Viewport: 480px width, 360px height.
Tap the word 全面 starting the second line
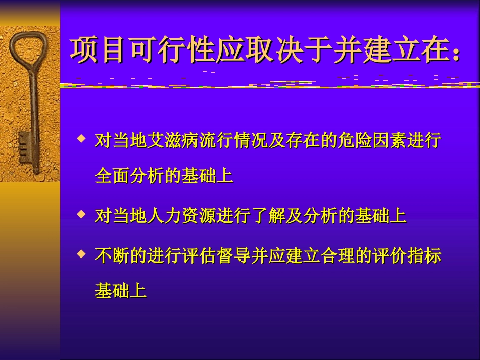(x=112, y=175)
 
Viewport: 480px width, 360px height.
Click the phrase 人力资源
(x=181, y=216)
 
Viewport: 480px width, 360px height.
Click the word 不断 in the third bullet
(x=112, y=256)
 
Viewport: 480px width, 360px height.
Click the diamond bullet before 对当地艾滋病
(x=81, y=138)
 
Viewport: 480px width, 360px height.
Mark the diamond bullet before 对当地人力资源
(x=81, y=214)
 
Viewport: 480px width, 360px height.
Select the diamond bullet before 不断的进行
(x=81, y=254)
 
